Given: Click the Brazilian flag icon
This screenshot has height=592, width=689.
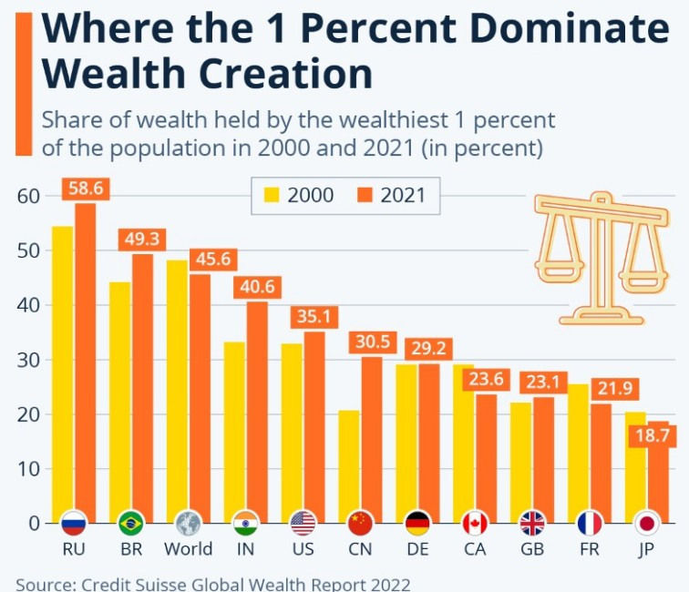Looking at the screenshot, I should pos(131,523).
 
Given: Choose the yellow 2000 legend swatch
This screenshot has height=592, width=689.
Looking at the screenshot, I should pos(272,195).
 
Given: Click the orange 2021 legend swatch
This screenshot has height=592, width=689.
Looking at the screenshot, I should pos(365,195).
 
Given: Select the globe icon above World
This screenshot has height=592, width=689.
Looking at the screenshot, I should pos(188,523).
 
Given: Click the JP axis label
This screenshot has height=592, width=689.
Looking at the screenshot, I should pos(646,549).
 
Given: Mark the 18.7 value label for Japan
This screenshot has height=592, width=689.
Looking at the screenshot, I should pos(652,436).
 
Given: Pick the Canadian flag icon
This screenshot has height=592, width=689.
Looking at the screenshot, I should pos(475,523).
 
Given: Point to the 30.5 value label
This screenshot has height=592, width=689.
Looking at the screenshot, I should pos(371,342).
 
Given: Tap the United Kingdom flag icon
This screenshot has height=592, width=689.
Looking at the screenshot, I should pos(532,523).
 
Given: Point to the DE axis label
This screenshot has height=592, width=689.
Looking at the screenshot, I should pos(417,549).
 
